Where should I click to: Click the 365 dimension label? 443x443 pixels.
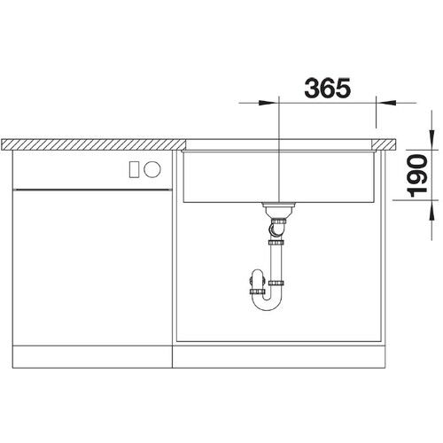tap(328, 88)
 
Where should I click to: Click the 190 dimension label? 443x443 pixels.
tap(417, 176)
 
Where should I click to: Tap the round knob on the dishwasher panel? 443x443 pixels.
tap(152, 169)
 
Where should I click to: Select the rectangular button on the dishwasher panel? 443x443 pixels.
tap(135, 170)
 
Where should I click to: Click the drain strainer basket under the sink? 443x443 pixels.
tap(278, 209)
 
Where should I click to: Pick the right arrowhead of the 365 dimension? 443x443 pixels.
tap(386, 103)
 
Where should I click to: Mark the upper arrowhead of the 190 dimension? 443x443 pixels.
tap(431, 140)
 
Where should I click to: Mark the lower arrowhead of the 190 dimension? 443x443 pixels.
tap(431, 210)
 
